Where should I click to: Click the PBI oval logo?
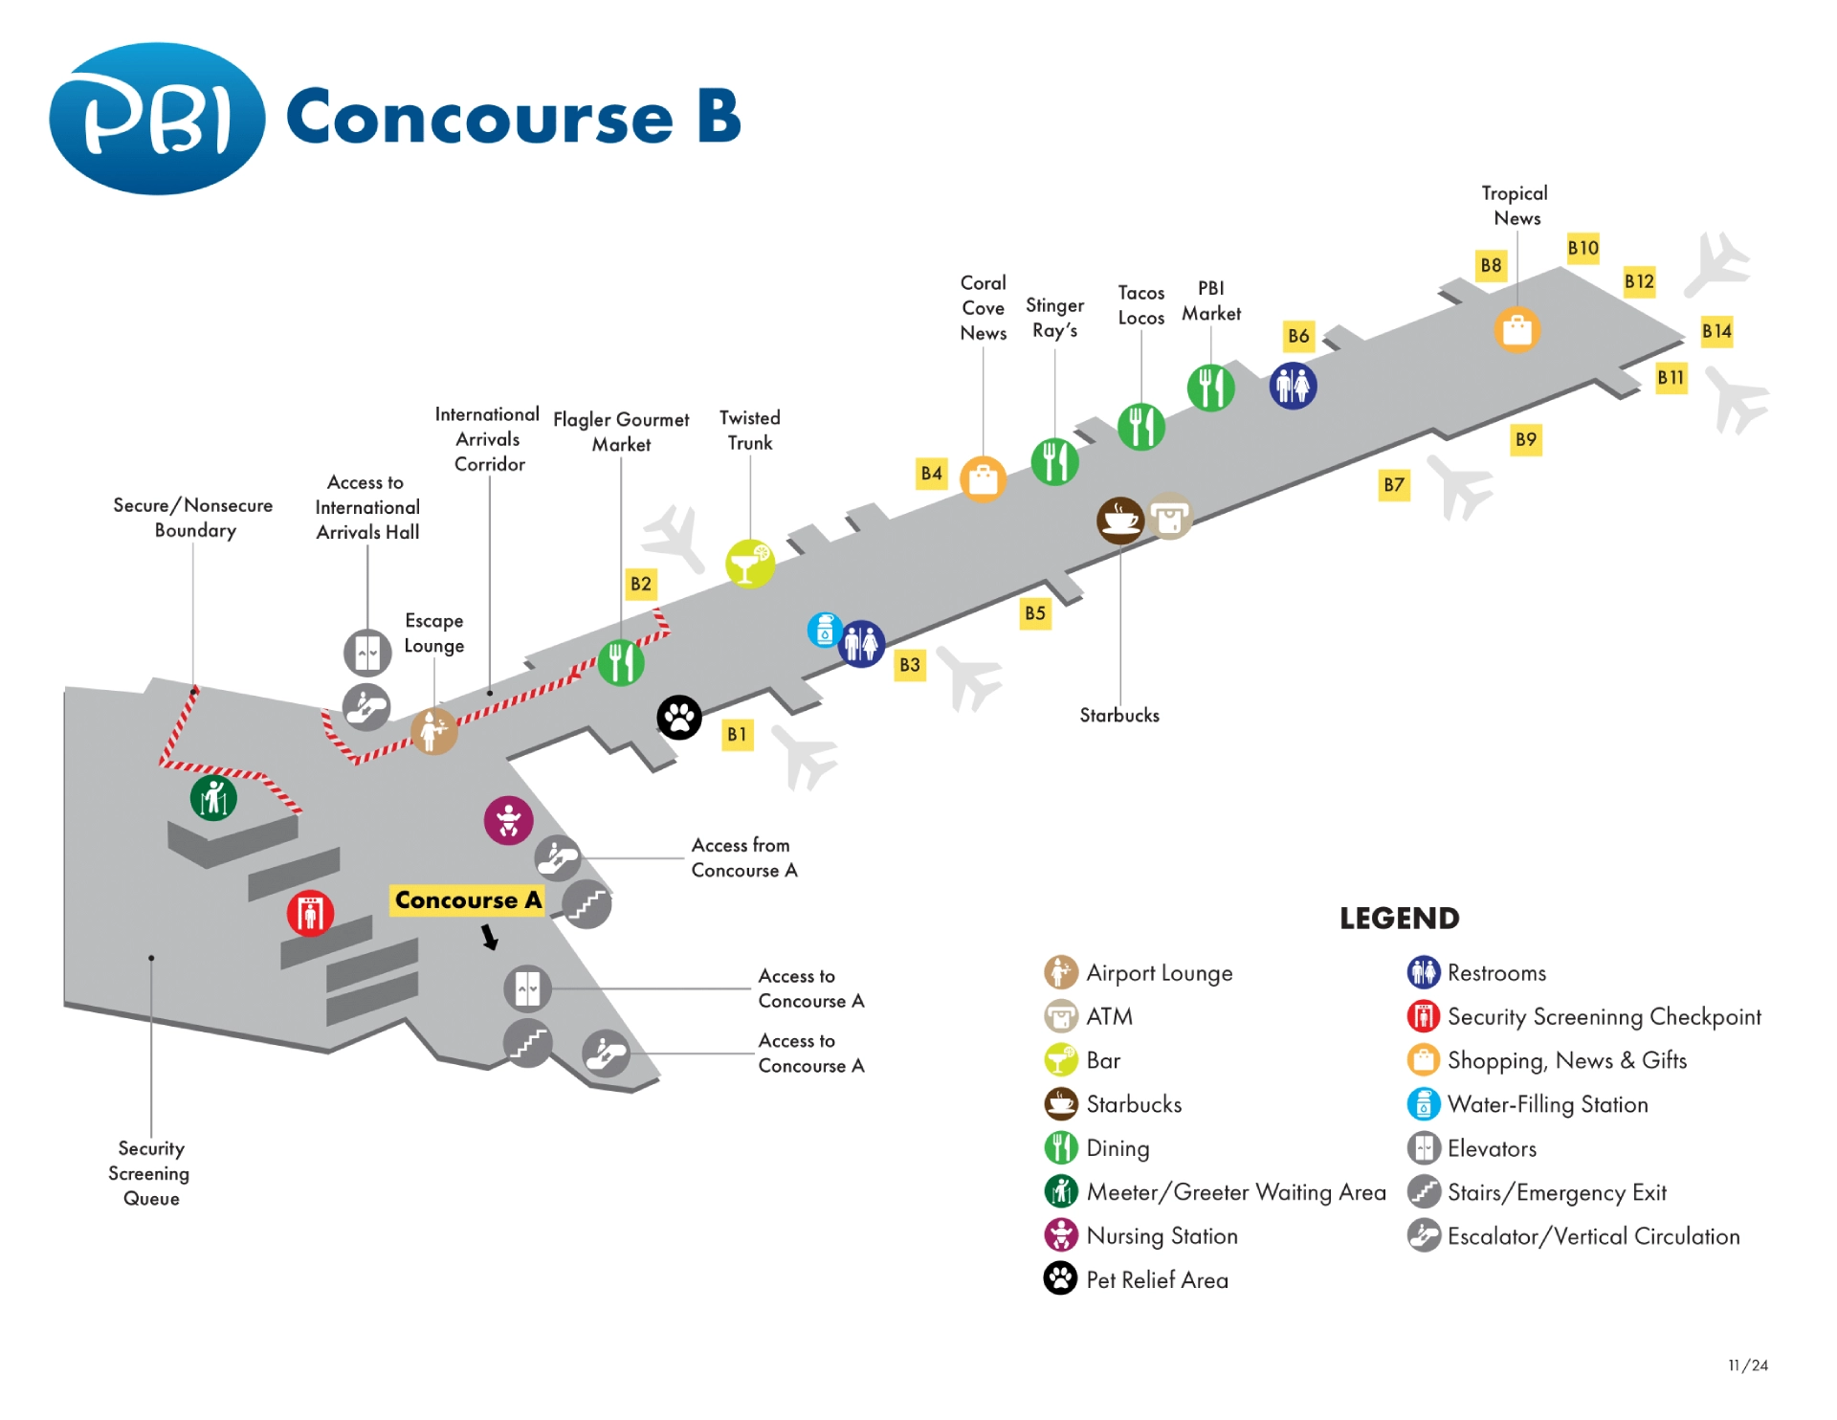(157, 119)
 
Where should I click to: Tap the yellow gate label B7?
(1394, 485)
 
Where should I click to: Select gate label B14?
(1716, 332)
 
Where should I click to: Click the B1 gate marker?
(737, 735)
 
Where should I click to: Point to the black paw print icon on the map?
(679, 718)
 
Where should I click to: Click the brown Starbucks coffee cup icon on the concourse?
(1120, 521)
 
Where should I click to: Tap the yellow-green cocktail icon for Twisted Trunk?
(750, 564)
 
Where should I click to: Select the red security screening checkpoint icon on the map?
(310, 913)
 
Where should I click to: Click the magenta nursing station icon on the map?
(508, 821)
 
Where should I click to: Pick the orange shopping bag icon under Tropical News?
(1516, 330)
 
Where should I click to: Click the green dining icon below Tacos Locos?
(1141, 427)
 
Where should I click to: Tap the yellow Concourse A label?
(468, 900)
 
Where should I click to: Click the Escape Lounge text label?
(433, 633)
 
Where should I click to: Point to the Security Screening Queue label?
(149, 1173)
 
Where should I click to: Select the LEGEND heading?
(1399, 919)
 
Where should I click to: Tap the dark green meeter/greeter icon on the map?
(213, 797)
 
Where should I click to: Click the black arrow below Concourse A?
(490, 937)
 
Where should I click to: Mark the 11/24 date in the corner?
(1748, 1365)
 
